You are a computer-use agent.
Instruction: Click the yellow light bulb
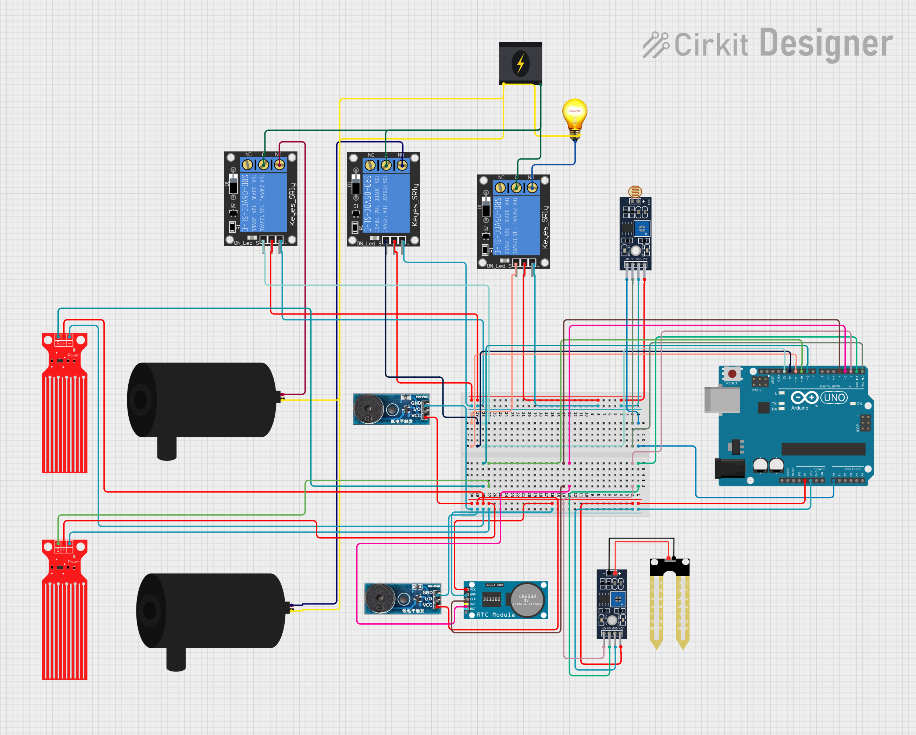point(574,115)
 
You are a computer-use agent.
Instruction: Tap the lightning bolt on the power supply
point(520,63)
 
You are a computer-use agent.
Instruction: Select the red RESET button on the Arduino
point(732,374)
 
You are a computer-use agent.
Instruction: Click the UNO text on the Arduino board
point(834,397)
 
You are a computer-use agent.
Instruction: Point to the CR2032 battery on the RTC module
point(527,599)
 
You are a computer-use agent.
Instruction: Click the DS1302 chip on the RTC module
point(492,599)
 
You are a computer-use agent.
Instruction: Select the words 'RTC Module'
point(495,615)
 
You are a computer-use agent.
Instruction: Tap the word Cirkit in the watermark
point(711,44)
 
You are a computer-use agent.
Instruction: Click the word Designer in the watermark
point(826,43)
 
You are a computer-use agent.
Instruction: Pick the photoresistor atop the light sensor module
point(635,191)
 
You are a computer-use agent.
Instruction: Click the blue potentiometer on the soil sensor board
point(618,599)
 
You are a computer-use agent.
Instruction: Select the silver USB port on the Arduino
point(721,399)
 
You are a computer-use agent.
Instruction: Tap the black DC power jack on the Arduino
point(730,468)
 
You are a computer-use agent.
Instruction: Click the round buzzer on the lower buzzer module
point(380,599)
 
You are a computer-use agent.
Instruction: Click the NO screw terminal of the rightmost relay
point(532,187)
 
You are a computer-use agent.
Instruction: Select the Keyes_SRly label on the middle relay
point(415,205)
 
